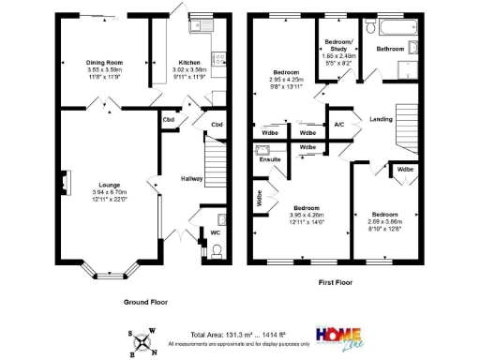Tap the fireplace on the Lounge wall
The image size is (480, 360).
click(65, 183)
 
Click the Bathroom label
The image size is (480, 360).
click(391, 47)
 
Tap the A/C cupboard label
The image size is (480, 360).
click(339, 124)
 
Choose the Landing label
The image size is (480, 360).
click(381, 119)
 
